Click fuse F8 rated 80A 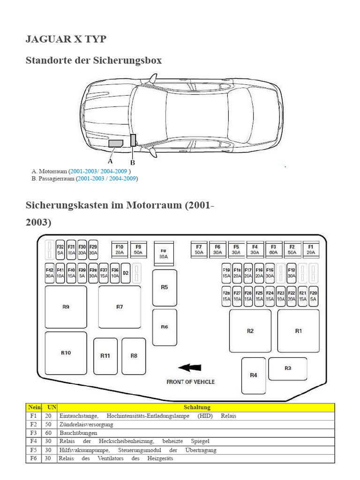tap(164, 254)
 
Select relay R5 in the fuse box tap(164, 287)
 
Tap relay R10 tap(66, 352)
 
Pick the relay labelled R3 tap(288, 368)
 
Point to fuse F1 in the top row tap(310, 249)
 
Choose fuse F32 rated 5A tap(60, 249)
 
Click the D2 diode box tap(126, 273)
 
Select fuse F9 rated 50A tap(138, 249)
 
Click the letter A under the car tap(110, 160)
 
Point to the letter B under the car tap(133, 163)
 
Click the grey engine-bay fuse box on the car tap(115, 143)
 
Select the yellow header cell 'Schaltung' tap(197, 407)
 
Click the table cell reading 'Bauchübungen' tap(78, 433)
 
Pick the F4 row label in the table tap(33, 441)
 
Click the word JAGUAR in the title tap(46, 39)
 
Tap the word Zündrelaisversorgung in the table tap(86, 424)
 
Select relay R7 tap(120, 307)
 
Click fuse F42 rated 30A tap(49, 273)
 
